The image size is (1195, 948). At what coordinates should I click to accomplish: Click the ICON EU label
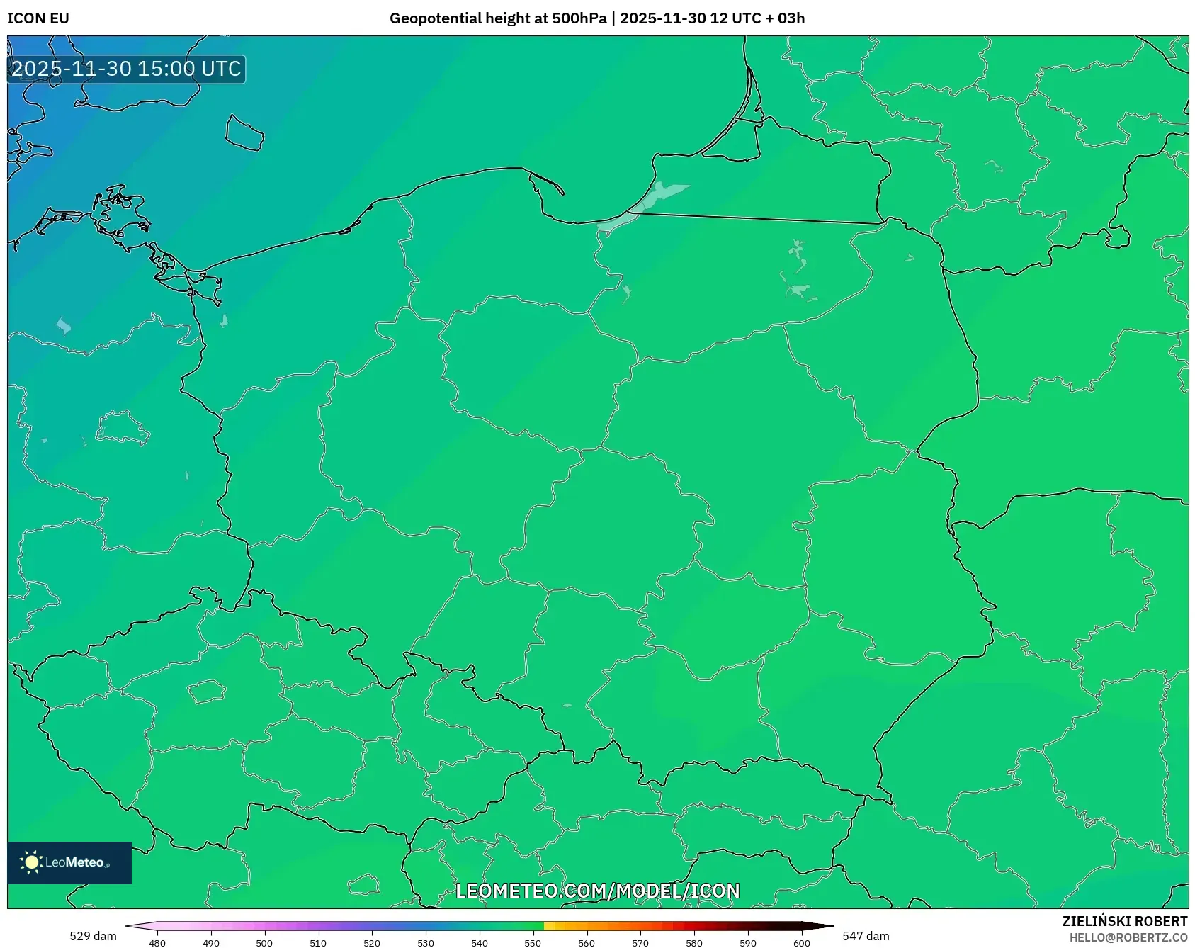tap(38, 18)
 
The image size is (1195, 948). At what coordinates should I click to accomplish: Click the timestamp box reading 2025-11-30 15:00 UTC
tap(126, 69)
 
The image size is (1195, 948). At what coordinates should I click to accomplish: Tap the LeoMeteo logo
tap(69, 862)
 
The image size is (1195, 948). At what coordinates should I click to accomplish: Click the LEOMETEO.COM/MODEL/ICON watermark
tap(597, 891)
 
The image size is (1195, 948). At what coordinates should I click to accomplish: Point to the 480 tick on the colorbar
tap(157, 943)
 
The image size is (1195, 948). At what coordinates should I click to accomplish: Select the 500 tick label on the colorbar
tap(264, 943)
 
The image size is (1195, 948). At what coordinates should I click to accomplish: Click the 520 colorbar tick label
tap(372, 943)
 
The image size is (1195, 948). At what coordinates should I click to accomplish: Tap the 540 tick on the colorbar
tap(480, 943)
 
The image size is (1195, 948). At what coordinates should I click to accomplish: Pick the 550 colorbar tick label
tap(533, 943)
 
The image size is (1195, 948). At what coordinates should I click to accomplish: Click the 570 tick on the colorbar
tap(640, 943)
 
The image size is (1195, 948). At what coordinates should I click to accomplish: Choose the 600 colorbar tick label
tap(801, 943)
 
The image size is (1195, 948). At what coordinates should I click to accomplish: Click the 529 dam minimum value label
tap(93, 936)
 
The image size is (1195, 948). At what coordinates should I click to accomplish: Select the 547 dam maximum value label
tap(866, 936)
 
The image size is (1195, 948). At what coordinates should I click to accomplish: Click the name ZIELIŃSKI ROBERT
tap(1125, 921)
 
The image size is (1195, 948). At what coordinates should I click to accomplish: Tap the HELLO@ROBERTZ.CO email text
tap(1128, 937)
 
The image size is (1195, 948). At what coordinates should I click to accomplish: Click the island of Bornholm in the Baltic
tap(244, 132)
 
